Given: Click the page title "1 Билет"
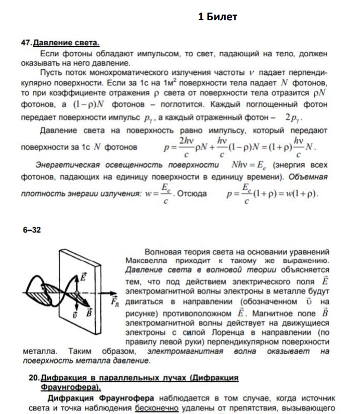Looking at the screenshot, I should click(217, 17).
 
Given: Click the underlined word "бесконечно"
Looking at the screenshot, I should click(157, 408).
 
